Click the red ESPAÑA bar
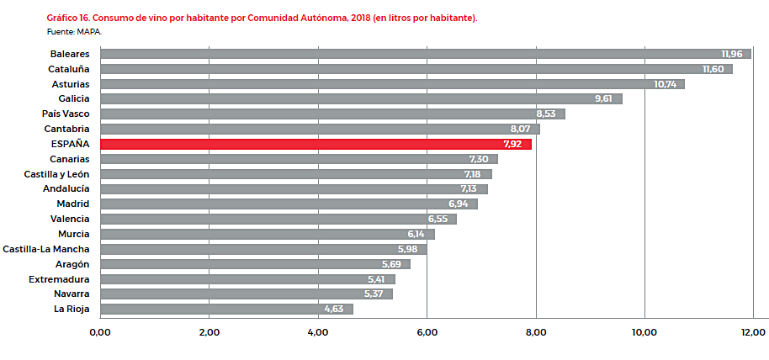point(316,144)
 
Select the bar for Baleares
point(425,54)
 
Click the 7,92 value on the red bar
point(512,144)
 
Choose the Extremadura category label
point(59,279)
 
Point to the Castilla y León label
point(57,174)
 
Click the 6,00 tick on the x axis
point(427,332)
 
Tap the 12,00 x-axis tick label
point(753,332)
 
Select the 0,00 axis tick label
point(99,332)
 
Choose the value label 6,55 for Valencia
point(440,219)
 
